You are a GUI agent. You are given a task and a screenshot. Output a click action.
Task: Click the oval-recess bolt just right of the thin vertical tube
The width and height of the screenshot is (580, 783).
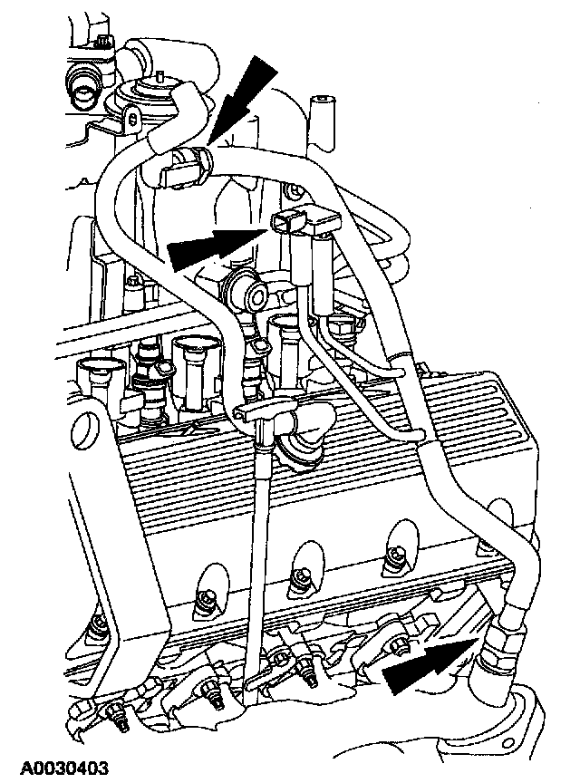click(297, 575)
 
